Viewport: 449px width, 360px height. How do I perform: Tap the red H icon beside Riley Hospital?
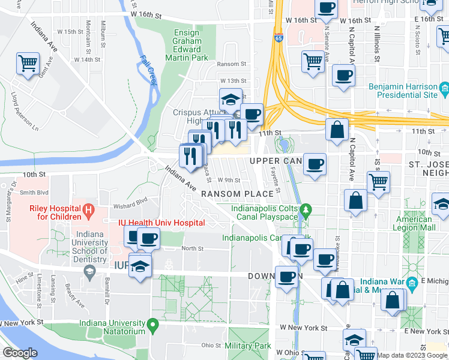tap(89, 211)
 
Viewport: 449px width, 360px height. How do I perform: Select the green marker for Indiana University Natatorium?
tap(154, 326)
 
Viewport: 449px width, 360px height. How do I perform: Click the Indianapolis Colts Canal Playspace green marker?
tap(307, 210)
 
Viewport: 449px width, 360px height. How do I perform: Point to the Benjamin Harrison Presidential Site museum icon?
tap(444, 91)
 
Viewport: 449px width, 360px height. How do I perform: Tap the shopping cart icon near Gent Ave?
tap(28, 63)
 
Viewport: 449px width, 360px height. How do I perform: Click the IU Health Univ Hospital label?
tap(161, 223)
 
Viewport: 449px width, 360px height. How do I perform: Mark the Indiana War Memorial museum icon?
tap(412, 283)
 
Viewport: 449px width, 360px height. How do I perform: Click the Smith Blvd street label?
tap(34, 193)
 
